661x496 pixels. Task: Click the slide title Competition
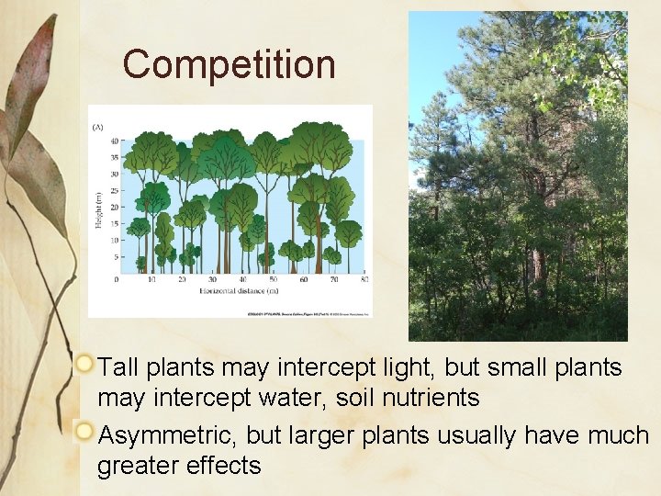tap(230, 65)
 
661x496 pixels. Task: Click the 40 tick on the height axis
tap(115, 141)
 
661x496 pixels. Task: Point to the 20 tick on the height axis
tap(115, 207)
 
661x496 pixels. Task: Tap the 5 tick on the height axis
tap(116, 256)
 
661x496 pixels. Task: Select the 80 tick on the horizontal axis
tap(364, 279)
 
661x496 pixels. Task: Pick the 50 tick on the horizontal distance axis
tap(272, 279)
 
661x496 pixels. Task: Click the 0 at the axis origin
tap(117, 279)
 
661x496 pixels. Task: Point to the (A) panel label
tap(96, 128)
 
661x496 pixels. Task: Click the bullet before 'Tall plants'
tap(84, 365)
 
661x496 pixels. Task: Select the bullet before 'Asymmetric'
tap(84, 431)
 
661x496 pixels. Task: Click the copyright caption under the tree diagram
tap(308, 312)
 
